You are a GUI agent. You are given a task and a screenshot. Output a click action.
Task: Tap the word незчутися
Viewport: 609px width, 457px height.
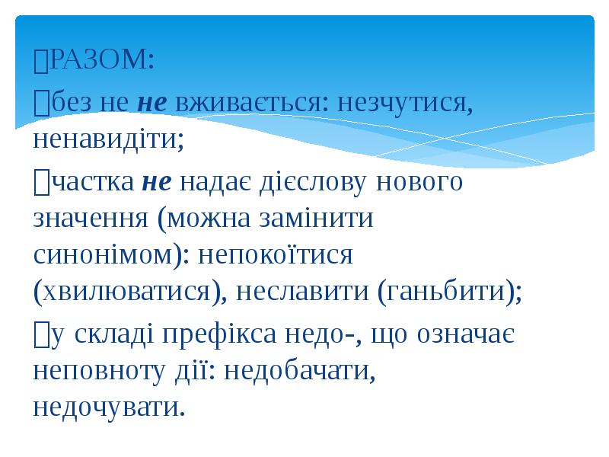click(405, 103)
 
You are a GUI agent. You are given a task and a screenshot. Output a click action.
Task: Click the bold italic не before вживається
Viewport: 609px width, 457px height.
click(153, 104)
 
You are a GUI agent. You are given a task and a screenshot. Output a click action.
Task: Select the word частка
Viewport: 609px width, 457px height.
click(92, 183)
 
